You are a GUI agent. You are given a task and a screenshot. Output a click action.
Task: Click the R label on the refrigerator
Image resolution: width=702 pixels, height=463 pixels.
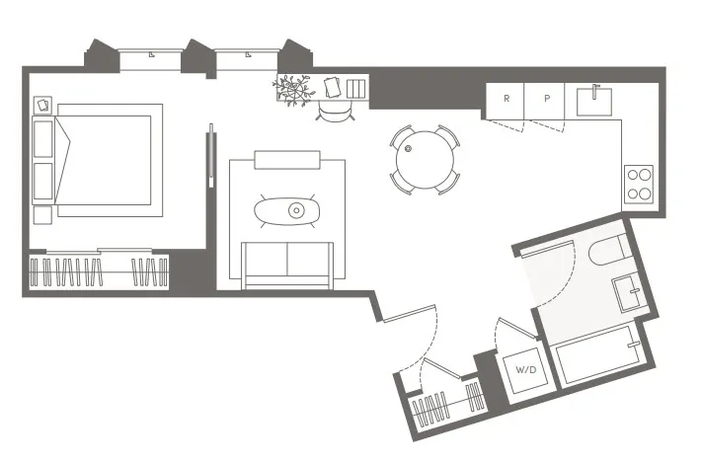tap(507, 99)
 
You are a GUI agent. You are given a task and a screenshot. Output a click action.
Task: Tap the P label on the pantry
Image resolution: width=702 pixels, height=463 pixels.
tap(545, 99)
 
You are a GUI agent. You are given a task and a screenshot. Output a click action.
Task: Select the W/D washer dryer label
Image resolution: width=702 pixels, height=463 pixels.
tap(526, 370)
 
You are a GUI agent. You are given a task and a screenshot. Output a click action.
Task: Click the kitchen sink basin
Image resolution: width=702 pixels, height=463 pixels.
tap(596, 98)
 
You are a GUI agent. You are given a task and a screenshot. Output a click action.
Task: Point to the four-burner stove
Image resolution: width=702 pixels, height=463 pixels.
tap(639, 185)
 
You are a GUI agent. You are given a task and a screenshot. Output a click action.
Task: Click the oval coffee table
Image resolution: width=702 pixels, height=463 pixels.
tap(286, 209)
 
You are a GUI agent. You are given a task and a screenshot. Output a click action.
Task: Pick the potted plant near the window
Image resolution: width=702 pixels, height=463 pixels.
tap(292, 88)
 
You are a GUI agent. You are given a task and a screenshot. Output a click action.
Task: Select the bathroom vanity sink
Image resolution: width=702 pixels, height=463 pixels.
tap(629, 292)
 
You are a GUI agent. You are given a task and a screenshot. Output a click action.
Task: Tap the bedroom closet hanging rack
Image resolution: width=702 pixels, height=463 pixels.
tap(99, 270)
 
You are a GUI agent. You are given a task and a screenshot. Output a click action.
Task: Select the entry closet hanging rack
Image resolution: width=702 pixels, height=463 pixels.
tap(446, 405)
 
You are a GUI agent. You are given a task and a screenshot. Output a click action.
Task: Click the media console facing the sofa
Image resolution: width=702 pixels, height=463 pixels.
tap(286, 160)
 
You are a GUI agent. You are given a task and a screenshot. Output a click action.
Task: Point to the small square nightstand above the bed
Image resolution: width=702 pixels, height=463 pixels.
tap(43, 104)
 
